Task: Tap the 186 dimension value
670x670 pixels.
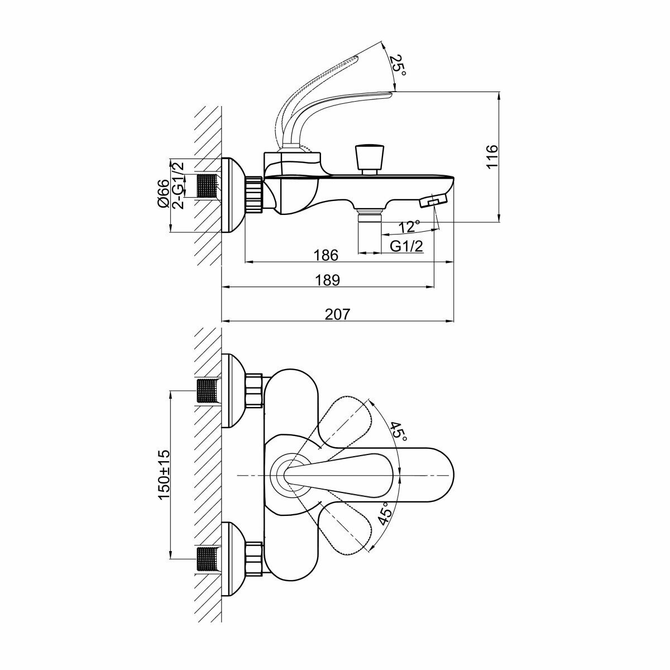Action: [326, 255]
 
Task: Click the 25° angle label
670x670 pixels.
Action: [397, 66]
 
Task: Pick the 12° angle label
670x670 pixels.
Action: [409, 227]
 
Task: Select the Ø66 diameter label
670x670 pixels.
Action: [162, 194]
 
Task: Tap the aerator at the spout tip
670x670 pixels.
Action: [434, 201]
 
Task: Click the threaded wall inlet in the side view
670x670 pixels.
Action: [208, 185]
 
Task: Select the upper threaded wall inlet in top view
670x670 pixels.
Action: [208, 390]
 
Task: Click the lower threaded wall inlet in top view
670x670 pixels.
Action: [208, 559]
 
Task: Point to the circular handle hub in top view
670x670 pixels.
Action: [290, 475]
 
